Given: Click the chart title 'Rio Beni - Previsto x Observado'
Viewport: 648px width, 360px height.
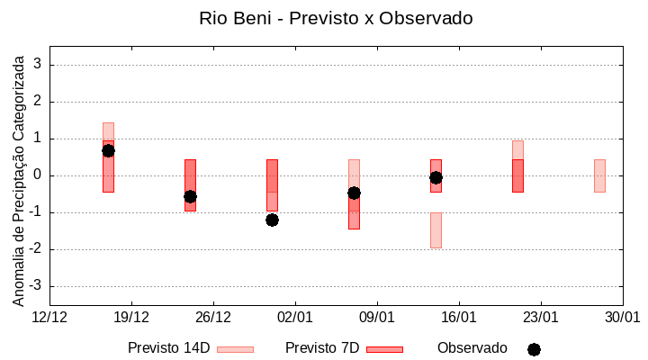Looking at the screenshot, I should (336, 18).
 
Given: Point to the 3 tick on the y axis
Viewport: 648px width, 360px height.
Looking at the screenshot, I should (38, 65).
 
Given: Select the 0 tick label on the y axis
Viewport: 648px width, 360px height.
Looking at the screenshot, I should (38, 175).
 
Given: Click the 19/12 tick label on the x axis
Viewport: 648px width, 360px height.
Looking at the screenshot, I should (131, 318).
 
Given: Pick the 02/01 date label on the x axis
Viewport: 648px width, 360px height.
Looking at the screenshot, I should (295, 318).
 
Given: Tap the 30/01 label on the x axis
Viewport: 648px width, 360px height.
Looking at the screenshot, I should (622, 318).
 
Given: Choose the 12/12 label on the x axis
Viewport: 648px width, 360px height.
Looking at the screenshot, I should (49, 318).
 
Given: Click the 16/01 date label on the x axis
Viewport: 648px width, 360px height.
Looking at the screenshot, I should (459, 318).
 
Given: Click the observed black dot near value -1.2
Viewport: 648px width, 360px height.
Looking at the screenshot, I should (272, 220).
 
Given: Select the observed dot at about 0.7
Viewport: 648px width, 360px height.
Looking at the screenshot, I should (108, 150).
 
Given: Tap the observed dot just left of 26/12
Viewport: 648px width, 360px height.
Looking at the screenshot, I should (190, 196).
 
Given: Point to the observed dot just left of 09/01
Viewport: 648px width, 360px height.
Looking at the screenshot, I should (354, 193).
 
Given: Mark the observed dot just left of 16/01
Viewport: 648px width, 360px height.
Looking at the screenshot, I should (436, 177).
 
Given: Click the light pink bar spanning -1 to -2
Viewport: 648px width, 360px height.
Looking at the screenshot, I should (436, 229).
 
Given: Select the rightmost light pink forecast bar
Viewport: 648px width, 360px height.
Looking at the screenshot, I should (599, 175).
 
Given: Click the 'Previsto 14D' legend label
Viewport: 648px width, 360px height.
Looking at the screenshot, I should (168, 348).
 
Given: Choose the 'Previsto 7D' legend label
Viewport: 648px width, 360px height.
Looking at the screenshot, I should (322, 348).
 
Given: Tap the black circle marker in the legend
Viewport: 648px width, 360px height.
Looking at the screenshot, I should (534, 349).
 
